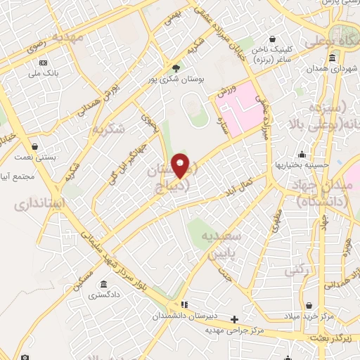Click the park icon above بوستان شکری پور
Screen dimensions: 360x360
pyautogui.click(x=175, y=68)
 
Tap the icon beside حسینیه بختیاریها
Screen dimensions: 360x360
pyautogui.click(x=302, y=155)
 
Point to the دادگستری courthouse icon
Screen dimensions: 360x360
pyautogui.click(x=103, y=285)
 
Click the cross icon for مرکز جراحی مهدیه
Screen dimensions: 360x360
pyautogui.click(x=234, y=319)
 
